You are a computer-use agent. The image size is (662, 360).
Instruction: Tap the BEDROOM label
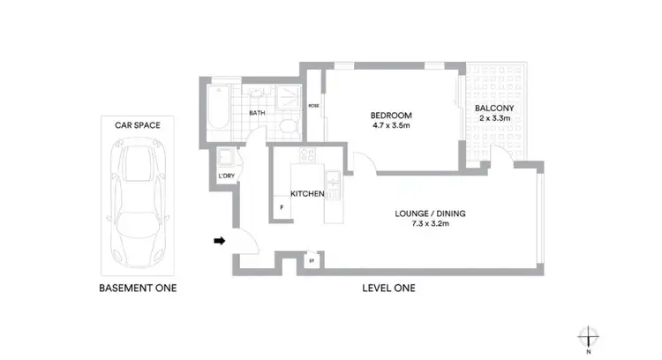(387, 116)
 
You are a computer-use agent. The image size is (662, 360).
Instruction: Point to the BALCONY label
(495, 109)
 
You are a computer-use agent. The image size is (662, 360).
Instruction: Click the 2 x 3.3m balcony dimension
(495, 118)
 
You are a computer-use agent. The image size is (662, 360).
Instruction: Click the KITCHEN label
(307, 194)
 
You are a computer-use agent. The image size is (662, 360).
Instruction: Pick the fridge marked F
(281, 208)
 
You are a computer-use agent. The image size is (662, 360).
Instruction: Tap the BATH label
(257, 113)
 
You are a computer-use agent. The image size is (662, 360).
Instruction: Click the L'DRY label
(226, 176)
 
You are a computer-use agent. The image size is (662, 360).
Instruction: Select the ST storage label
(312, 260)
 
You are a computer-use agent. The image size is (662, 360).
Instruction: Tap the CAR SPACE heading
(137, 125)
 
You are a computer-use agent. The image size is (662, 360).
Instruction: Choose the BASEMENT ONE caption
(137, 288)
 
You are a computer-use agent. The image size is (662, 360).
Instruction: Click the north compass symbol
(590, 337)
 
